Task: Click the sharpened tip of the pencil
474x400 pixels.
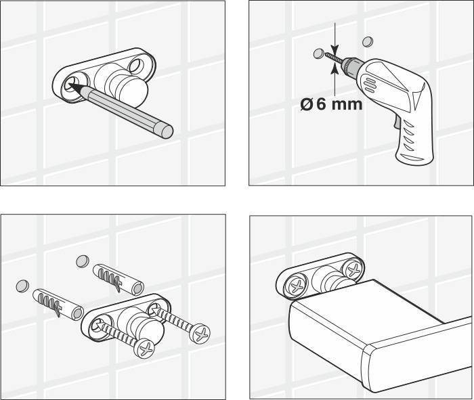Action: coord(70,85)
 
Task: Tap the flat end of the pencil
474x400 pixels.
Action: coord(166,131)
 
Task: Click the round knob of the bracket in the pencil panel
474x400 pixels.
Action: coord(132,91)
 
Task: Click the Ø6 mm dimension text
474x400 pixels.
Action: coord(331,104)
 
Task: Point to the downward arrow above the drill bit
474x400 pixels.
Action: coord(335,38)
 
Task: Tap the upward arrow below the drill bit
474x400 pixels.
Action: coord(335,80)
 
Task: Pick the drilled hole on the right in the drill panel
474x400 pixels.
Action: coord(368,41)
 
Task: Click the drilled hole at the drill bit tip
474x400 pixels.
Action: coord(319,53)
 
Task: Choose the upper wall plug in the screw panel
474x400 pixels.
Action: coord(118,279)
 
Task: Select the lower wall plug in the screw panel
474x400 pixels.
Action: coord(58,305)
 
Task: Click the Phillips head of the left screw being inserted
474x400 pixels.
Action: coord(144,349)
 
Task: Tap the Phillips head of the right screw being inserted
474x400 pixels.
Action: coord(200,334)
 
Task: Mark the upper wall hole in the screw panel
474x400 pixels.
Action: coord(83,261)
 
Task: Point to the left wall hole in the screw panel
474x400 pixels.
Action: coord(22,286)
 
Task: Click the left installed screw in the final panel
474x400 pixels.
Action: coord(297,286)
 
